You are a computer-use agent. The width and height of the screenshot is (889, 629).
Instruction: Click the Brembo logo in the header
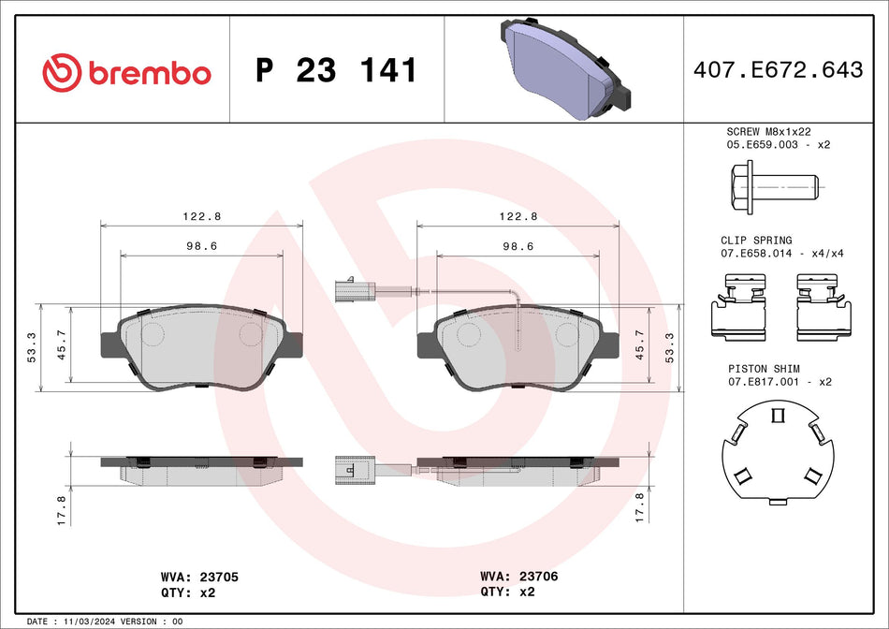coord(127,71)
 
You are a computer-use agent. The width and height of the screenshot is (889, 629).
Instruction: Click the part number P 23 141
coord(336,70)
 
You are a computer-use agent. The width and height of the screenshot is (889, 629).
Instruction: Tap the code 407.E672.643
coord(778,69)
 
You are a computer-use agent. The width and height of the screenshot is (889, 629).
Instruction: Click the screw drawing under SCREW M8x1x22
coord(773,187)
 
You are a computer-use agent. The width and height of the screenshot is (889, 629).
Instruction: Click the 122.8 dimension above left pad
coord(201,216)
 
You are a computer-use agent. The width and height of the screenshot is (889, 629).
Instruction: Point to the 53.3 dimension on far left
coord(32,348)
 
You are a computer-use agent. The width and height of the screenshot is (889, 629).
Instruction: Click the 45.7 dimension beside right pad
coord(641,346)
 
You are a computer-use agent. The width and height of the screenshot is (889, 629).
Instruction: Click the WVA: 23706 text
coord(518,577)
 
